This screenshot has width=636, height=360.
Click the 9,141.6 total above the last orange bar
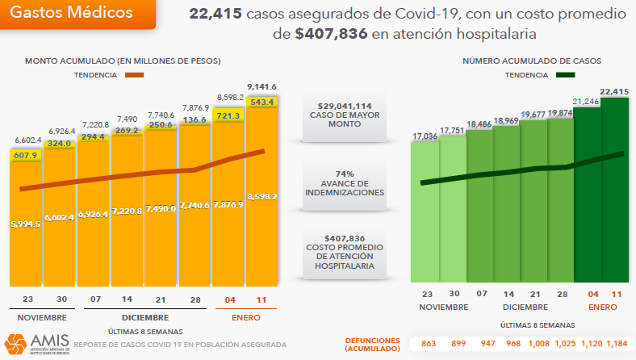[x=262, y=87]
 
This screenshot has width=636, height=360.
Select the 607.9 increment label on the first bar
[x=26, y=156]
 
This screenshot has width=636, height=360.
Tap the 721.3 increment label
[x=228, y=116]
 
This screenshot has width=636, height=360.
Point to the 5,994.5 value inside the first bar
[x=26, y=224]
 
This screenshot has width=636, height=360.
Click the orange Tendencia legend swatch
[x=134, y=75]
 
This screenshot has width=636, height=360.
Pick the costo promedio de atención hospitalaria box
[x=345, y=252]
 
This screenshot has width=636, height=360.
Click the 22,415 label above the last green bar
[x=614, y=91]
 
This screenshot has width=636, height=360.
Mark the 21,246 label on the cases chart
[x=587, y=102]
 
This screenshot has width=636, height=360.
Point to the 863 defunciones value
[x=429, y=344]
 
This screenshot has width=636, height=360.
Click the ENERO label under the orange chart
[x=245, y=318]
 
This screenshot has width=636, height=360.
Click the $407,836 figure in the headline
[x=332, y=34]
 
